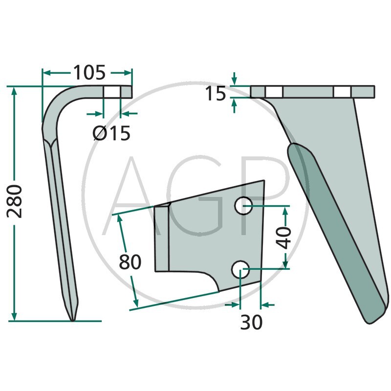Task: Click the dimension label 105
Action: (89, 72)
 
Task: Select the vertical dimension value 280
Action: (15, 201)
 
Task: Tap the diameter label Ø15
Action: (111, 133)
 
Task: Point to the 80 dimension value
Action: (130, 262)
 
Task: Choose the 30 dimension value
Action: (251, 322)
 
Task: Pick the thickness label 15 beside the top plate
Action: (216, 94)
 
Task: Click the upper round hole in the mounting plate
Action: (243, 205)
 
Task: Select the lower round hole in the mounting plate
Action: (240, 270)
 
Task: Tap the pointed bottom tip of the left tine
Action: (72, 320)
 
